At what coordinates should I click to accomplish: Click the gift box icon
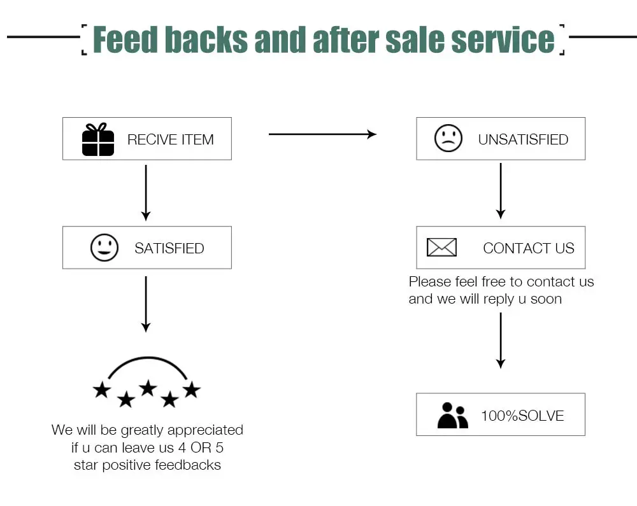tap(98, 139)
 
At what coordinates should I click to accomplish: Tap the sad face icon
tap(448, 138)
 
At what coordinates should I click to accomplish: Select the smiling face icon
tap(104, 248)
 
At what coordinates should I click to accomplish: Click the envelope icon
tap(441, 247)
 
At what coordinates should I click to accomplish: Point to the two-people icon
tap(452, 415)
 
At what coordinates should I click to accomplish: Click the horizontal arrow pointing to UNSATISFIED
tap(322, 134)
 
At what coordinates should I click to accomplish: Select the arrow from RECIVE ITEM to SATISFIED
tap(146, 193)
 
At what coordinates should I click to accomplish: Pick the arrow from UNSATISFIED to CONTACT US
tap(501, 191)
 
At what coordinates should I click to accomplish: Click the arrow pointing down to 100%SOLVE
tap(501, 341)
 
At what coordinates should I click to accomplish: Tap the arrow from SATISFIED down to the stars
tap(146, 304)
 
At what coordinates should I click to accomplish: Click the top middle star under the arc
tap(148, 388)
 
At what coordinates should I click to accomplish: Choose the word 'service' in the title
tap(503, 39)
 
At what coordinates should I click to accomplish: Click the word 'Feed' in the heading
tap(125, 39)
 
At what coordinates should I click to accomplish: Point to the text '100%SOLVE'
tap(522, 416)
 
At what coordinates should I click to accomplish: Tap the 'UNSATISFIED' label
tap(523, 139)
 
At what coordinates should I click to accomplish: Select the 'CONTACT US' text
tap(529, 248)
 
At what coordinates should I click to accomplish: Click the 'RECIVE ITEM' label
tap(171, 139)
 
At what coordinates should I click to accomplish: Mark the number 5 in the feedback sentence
tap(219, 447)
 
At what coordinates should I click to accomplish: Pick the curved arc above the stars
tap(148, 358)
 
